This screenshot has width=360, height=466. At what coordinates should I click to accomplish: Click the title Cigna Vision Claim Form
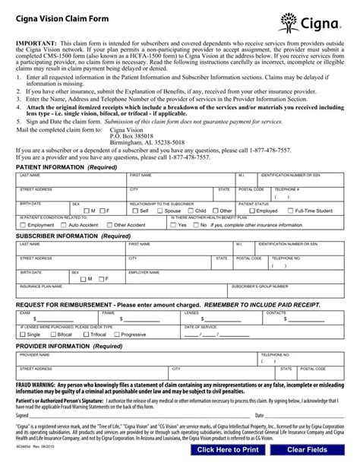click(62, 11)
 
